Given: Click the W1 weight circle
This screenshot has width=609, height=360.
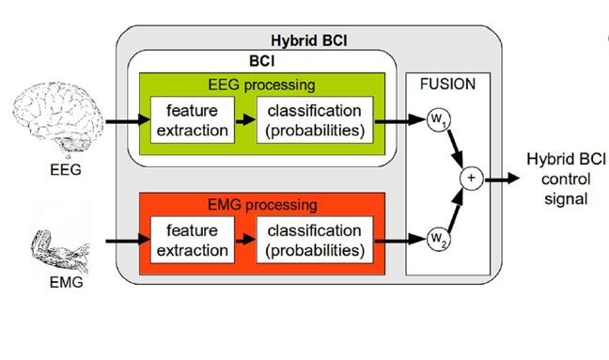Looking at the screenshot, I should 438,121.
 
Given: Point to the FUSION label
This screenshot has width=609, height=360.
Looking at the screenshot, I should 447,84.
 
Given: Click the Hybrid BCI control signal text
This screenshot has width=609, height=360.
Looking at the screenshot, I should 556,178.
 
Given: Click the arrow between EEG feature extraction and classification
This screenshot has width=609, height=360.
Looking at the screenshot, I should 242,121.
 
